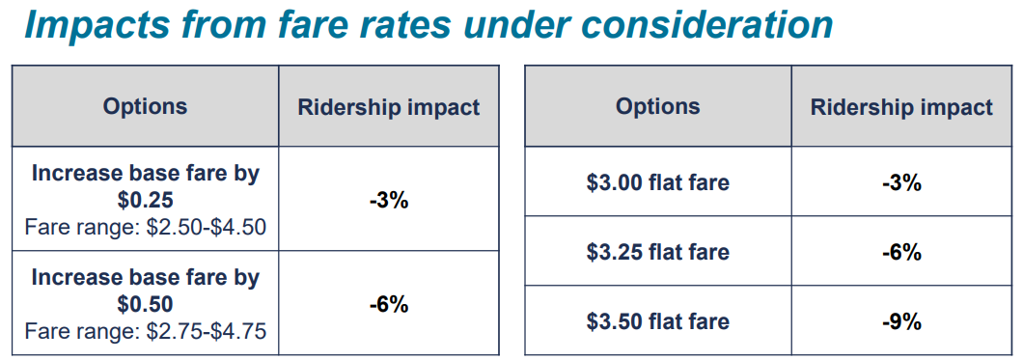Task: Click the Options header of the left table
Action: [x=145, y=106]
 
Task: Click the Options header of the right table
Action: [x=658, y=106]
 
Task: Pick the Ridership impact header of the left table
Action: [x=389, y=106]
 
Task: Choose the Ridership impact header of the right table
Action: [x=901, y=106]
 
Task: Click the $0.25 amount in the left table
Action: [x=145, y=200]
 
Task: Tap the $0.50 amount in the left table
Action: [x=145, y=304]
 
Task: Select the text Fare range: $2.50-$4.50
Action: [x=145, y=227]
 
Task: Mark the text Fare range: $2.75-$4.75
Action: [x=145, y=331]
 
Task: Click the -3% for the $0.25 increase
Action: [x=389, y=201]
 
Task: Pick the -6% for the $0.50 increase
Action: [x=389, y=304]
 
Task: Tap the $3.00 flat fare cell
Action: [x=658, y=182]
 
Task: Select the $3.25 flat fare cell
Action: [x=658, y=252]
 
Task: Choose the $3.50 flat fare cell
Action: [x=658, y=321]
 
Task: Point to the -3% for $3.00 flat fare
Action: [x=901, y=182]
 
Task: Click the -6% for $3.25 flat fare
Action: [x=901, y=252]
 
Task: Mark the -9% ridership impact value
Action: [x=901, y=321]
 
